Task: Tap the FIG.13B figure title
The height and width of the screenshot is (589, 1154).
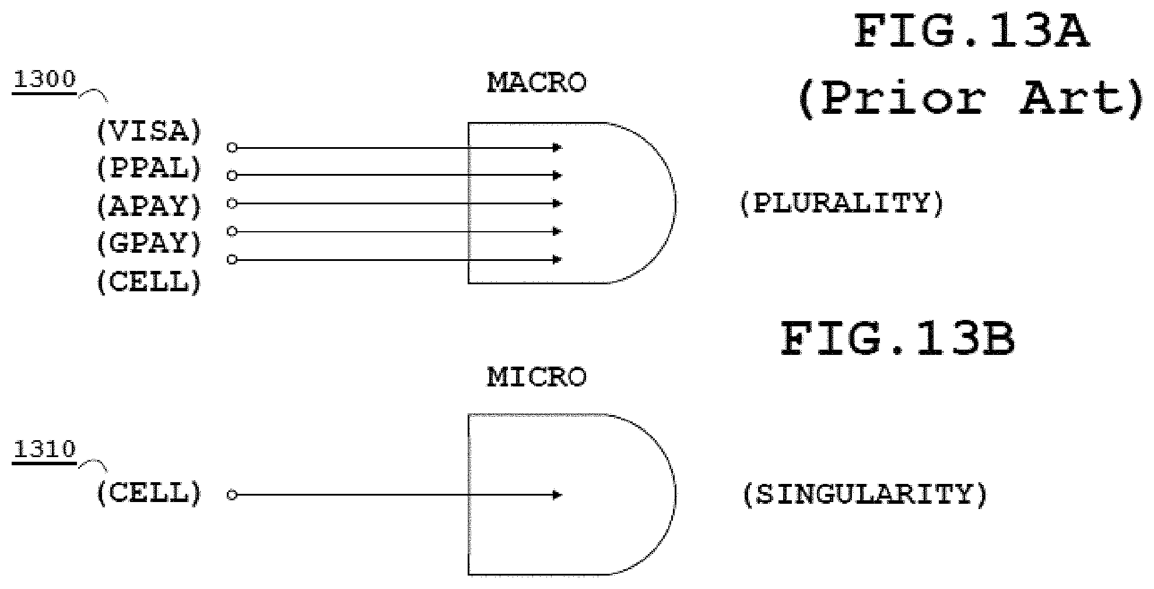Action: [898, 340]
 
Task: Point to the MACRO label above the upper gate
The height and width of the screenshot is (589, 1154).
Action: [536, 83]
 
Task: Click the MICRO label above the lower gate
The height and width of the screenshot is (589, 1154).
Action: [536, 377]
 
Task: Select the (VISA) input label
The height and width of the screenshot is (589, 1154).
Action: [149, 131]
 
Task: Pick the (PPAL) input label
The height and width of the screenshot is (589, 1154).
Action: [149, 169]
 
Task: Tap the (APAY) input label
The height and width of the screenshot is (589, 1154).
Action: [149, 206]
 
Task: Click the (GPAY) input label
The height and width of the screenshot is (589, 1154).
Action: [149, 243]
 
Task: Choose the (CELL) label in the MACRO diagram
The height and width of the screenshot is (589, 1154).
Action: [149, 282]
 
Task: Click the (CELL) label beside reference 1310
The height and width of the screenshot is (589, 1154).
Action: [149, 493]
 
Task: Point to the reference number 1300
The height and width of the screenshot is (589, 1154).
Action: [44, 79]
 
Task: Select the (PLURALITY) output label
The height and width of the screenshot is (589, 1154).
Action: [842, 204]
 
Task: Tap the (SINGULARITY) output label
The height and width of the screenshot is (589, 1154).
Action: [865, 494]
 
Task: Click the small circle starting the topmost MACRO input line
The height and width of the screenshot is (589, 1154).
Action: [232, 148]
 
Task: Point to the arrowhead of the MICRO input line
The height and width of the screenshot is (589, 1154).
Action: [557, 495]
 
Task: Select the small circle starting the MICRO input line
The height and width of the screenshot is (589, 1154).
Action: [232, 495]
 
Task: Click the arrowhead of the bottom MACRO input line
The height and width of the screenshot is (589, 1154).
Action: [557, 259]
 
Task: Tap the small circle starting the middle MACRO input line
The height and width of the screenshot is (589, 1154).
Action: [232, 203]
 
